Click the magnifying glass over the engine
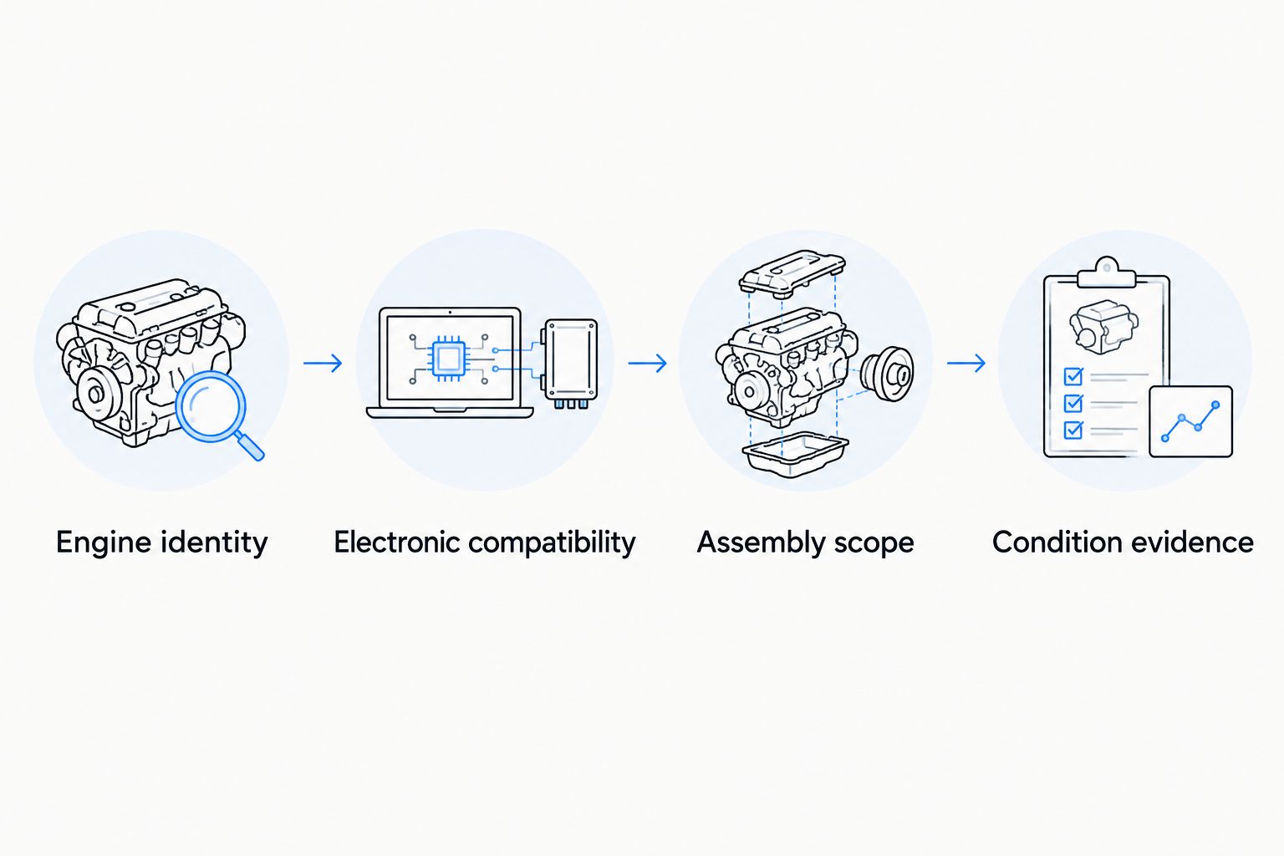(211, 406)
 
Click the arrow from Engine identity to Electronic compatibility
(323, 363)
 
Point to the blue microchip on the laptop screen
(448, 359)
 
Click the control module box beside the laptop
(571, 362)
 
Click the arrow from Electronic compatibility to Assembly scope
(648, 363)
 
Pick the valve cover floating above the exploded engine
(792, 273)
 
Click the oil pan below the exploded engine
(795, 454)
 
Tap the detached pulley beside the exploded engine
(887, 374)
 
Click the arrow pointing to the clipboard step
(966, 363)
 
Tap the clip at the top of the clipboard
(1106, 273)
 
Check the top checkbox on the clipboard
(1073, 376)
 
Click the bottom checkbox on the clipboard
(1073, 430)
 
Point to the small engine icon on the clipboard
(1104, 327)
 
